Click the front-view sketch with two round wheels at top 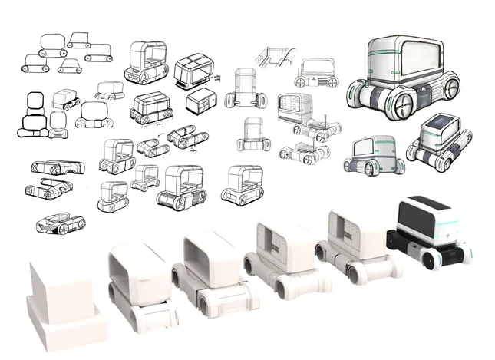(x=316, y=73)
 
